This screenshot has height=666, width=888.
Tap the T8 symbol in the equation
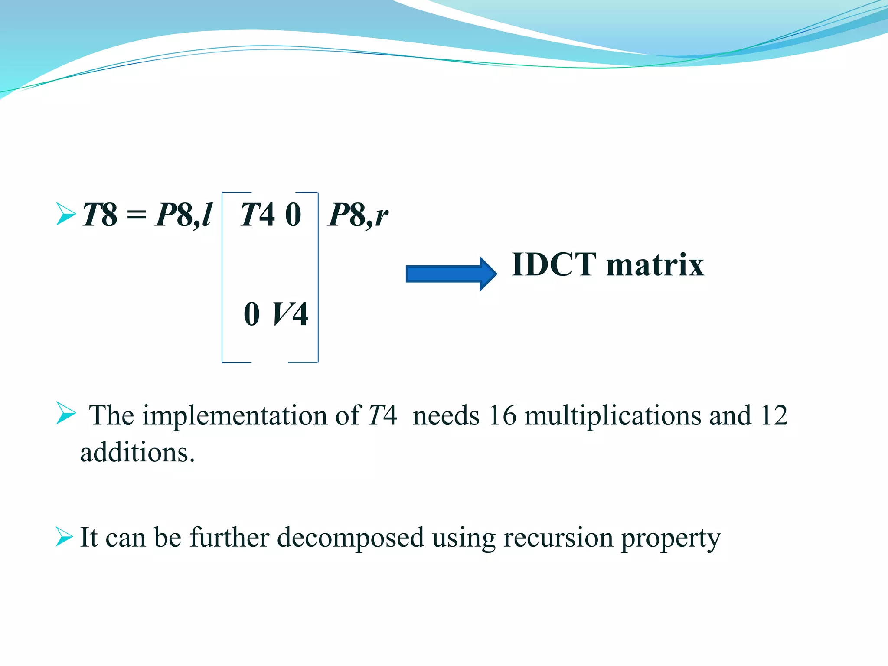pyautogui.click(x=100, y=215)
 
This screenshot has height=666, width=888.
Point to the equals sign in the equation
pyautogui.click(x=136, y=215)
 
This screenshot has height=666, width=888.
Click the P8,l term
pyautogui.click(x=183, y=215)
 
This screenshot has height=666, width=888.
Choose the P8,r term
pyautogui.click(x=358, y=215)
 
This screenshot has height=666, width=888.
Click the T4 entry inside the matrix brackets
pyautogui.click(x=257, y=215)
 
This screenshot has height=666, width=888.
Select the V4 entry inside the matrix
pyautogui.click(x=290, y=314)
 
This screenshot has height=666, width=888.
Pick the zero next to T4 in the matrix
pyautogui.click(x=293, y=215)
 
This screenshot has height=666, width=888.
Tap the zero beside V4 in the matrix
pyautogui.click(x=252, y=314)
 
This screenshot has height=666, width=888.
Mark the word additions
pyautogui.click(x=137, y=453)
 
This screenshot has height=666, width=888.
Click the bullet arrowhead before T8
pyautogui.click(x=65, y=214)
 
